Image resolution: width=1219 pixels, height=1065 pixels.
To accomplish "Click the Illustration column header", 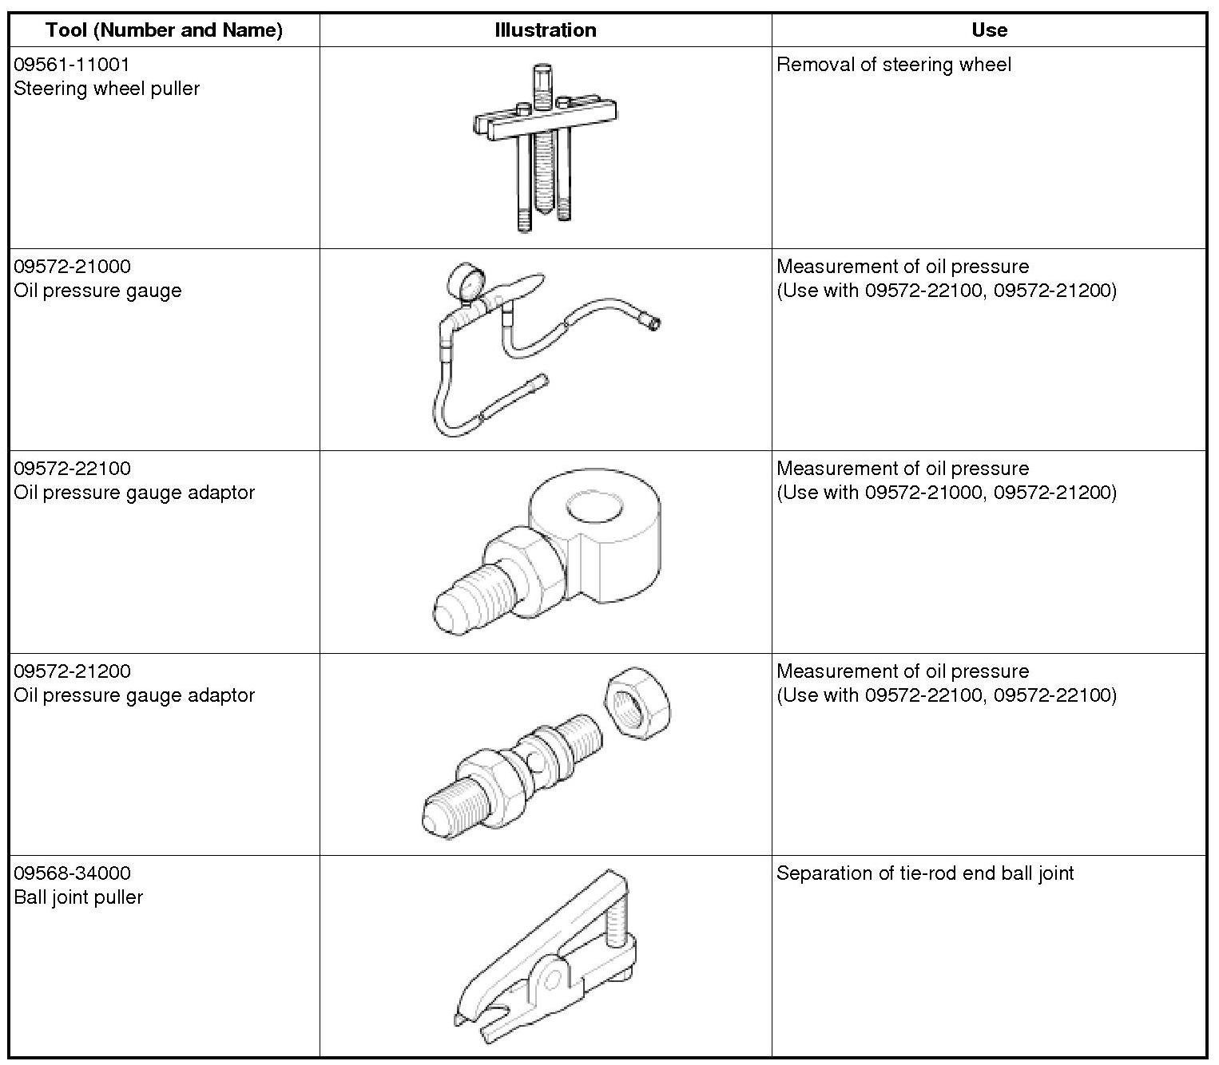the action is coord(545,30).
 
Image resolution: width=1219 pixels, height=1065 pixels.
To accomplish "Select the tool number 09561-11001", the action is coord(72,65).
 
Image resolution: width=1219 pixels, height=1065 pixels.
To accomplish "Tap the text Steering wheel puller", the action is coord(107,88).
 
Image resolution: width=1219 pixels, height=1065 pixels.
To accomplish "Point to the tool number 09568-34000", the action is coord(72,873).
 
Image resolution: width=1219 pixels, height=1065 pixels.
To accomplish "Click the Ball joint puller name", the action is coord(78,897).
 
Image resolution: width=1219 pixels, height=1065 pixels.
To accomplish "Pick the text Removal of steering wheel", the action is coord(894,65).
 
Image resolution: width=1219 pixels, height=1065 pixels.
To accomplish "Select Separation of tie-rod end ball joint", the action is coord(925,873).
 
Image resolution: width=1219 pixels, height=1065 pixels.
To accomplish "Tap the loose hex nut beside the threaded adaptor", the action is coord(637,703).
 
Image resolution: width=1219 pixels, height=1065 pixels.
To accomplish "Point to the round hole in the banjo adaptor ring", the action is coord(594,509).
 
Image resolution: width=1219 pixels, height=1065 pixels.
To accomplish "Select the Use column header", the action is coord(989,30).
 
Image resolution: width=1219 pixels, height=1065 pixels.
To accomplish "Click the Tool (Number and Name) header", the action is coord(164,30).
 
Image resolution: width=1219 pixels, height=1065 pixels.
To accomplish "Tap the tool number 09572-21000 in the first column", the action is coord(72,266).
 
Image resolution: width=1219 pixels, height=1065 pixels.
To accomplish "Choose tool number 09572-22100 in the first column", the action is coord(72,469).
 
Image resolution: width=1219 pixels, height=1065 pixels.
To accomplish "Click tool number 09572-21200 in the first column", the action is coord(72,671).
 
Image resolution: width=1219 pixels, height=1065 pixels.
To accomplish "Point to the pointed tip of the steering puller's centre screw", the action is coord(542,212).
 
